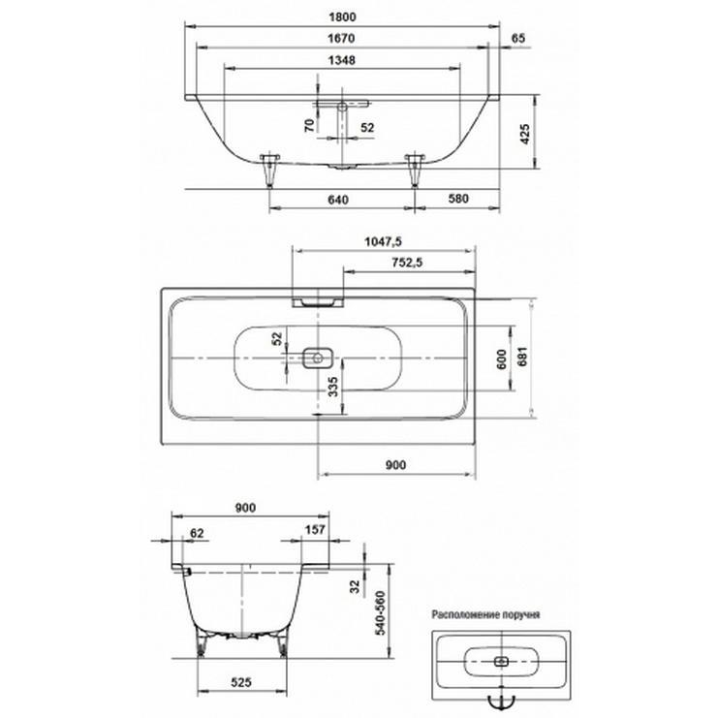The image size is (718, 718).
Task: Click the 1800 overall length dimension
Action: pos(342,17)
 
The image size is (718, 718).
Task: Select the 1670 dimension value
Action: pos(342,39)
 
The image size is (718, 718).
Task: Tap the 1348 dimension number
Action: pos(342,60)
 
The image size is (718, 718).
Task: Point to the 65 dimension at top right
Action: pos(517,39)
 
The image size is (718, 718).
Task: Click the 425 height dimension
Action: pos(525,134)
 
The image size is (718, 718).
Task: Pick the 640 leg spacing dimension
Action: pos(338,201)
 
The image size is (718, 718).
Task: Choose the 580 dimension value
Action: pos(458,199)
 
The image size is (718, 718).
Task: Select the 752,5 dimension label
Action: pos(408,263)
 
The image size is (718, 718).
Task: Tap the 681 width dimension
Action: pos(522,357)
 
